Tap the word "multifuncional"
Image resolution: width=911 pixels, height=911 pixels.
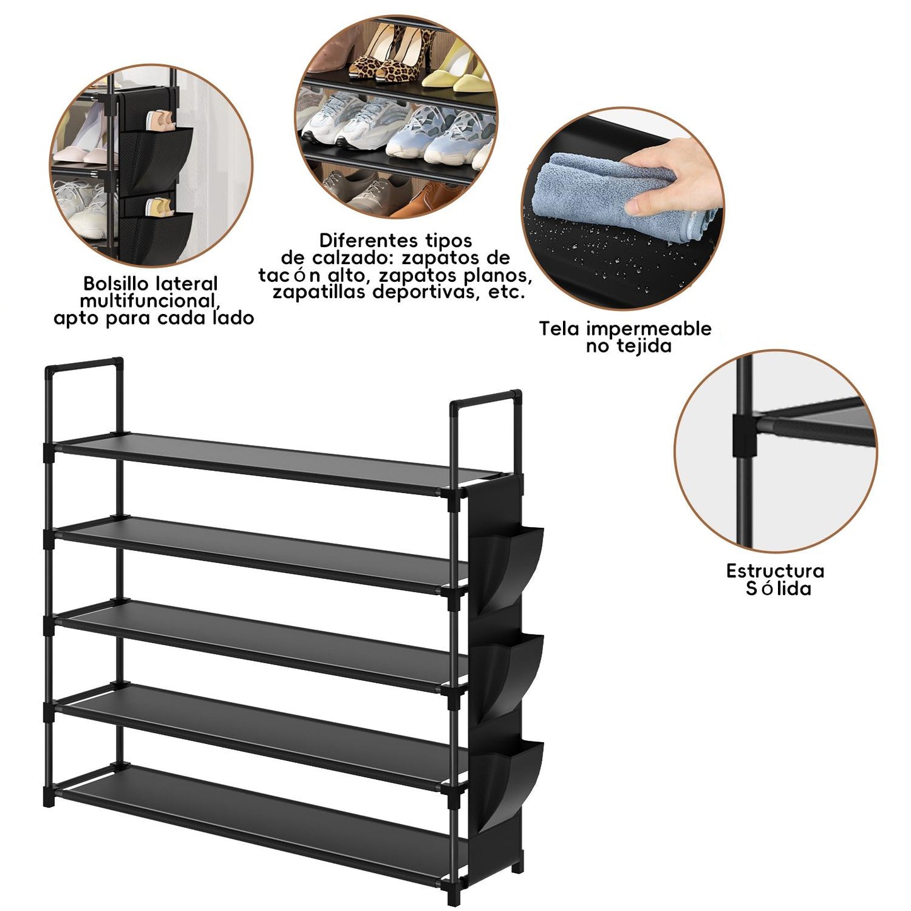(x=150, y=301)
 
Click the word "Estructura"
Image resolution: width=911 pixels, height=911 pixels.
(x=775, y=571)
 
